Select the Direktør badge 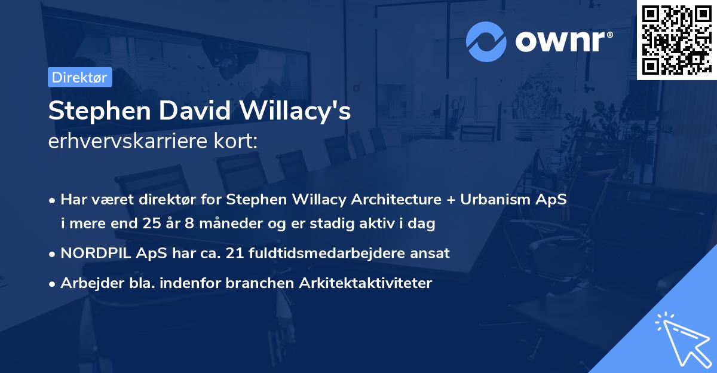click(79, 77)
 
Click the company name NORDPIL click(93, 253)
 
